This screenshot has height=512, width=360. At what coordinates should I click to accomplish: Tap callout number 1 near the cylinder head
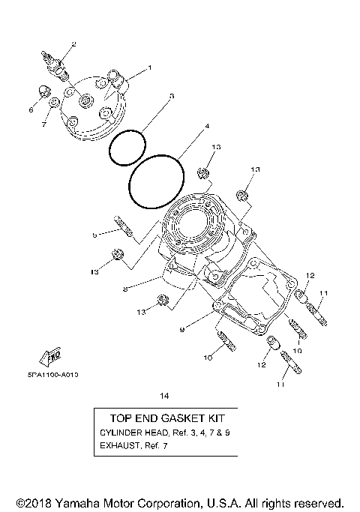pyautogui.click(x=148, y=68)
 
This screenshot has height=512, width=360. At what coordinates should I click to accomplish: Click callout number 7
pyautogui.click(x=43, y=124)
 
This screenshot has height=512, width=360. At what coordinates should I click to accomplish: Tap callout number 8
pyautogui.click(x=126, y=288)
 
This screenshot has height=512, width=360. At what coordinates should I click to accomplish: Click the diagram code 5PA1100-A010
pyautogui.click(x=47, y=373)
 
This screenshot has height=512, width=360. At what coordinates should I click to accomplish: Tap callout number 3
pyautogui.click(x=172, y=96)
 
